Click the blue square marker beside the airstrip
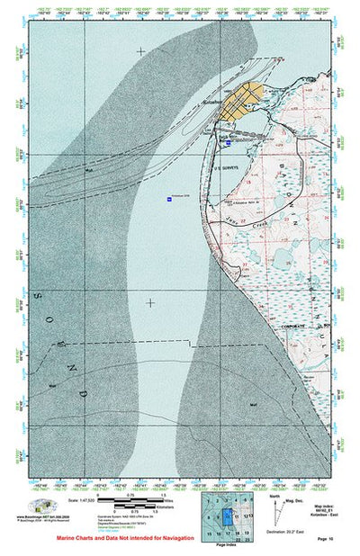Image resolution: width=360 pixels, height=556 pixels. (229, 143)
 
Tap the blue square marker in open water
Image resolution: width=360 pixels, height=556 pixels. (168, 198)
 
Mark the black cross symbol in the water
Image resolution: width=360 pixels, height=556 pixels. (149, 303)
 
